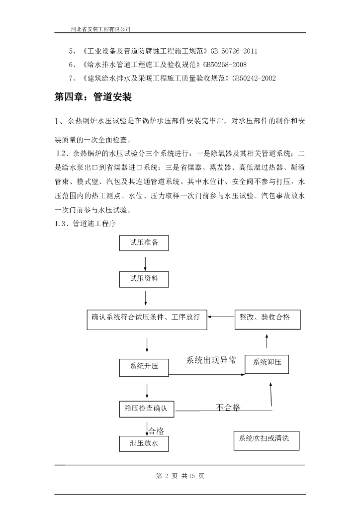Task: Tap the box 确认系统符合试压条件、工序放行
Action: pyautogui.click(x=146, y=318)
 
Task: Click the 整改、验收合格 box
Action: pyautogui.click(x=267, y=319)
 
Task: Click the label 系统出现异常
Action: pyautogui.click(x=211, y=360)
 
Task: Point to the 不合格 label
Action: pyautogui.click(x=228, y=408)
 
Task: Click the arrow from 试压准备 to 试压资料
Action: pyautogui.click(x=145, y=262)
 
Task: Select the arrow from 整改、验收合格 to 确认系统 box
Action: pyautogui.click(x=221, y=316)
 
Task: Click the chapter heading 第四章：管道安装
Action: pyautogui.click(x=93, y=97)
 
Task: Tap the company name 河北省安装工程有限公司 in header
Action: pyautogui.click(x=101, y=29)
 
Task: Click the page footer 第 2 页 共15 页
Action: pyautogui.click(x=180, y=476)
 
